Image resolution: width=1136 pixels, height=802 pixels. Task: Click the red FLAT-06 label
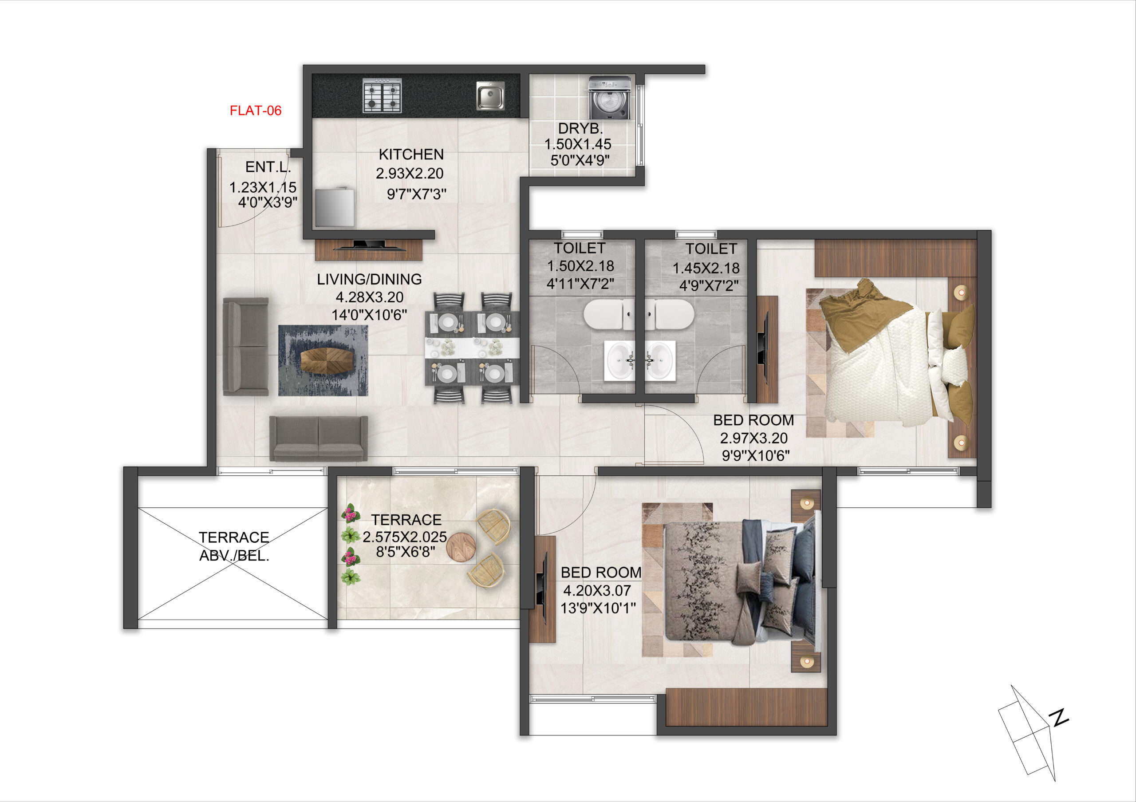255,111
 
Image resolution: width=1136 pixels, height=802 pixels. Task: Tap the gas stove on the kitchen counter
382,95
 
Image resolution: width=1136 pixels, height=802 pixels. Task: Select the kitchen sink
490,95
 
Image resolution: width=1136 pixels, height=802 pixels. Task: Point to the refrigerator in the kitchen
335,206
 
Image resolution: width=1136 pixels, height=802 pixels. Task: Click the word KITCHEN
411,154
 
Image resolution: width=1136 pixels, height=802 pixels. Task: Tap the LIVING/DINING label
369,279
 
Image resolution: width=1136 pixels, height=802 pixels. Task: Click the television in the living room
369,245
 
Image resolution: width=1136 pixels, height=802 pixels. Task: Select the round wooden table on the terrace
461,547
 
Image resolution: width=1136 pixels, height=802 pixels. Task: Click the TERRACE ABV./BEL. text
234,546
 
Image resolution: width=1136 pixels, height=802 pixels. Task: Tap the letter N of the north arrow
1059,717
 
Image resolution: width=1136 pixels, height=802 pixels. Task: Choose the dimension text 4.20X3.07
597,590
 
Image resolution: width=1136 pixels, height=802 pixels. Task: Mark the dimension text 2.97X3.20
753,438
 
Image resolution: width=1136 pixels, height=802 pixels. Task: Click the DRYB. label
580,129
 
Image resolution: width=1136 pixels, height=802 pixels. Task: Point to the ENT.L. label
268,167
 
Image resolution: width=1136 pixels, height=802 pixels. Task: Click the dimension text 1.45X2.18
706,268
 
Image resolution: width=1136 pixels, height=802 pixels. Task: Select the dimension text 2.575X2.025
405,537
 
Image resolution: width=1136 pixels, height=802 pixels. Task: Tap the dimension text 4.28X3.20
370,297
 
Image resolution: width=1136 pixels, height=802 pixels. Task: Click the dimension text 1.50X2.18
580,266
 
